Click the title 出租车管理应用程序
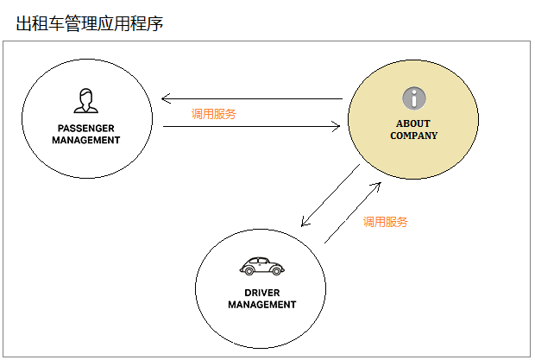click(x=90, y=23)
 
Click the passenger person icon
click(x=86, y=101)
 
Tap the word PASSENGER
click(x=86, y=129)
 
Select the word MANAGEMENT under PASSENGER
click(x=86, y=140)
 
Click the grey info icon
click(x=414, y=98)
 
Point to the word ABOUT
click(x=413, y=123)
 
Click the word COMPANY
click(x=413, y=136)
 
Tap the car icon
click(x=262, y=266)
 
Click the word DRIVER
click(x=262, y=293)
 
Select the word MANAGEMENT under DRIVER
click(x=262, y=305)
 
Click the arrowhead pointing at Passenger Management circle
click(x=165, y=99)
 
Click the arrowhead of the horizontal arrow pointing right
click(x=337, y=127)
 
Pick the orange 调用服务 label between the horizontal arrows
click(x=214, y=114)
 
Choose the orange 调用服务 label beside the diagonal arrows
click(x=385, y=222)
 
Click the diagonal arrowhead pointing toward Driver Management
click(x=305, y=222)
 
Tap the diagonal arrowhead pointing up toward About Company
click(x=377, y=186)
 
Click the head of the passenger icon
click(x=86, y=96)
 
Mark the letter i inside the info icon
click(x=414, y=98)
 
